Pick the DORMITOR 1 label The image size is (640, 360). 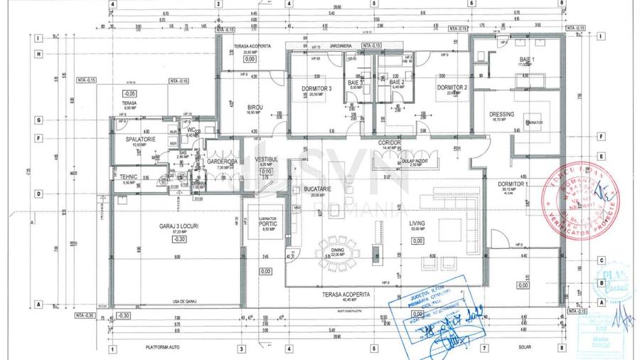pyautogui.click(x=513, y=184)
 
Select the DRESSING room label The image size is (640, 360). pyautogui.click(x=502, y=115)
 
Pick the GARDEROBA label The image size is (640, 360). pyautogui.click(x=221, y=162)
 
